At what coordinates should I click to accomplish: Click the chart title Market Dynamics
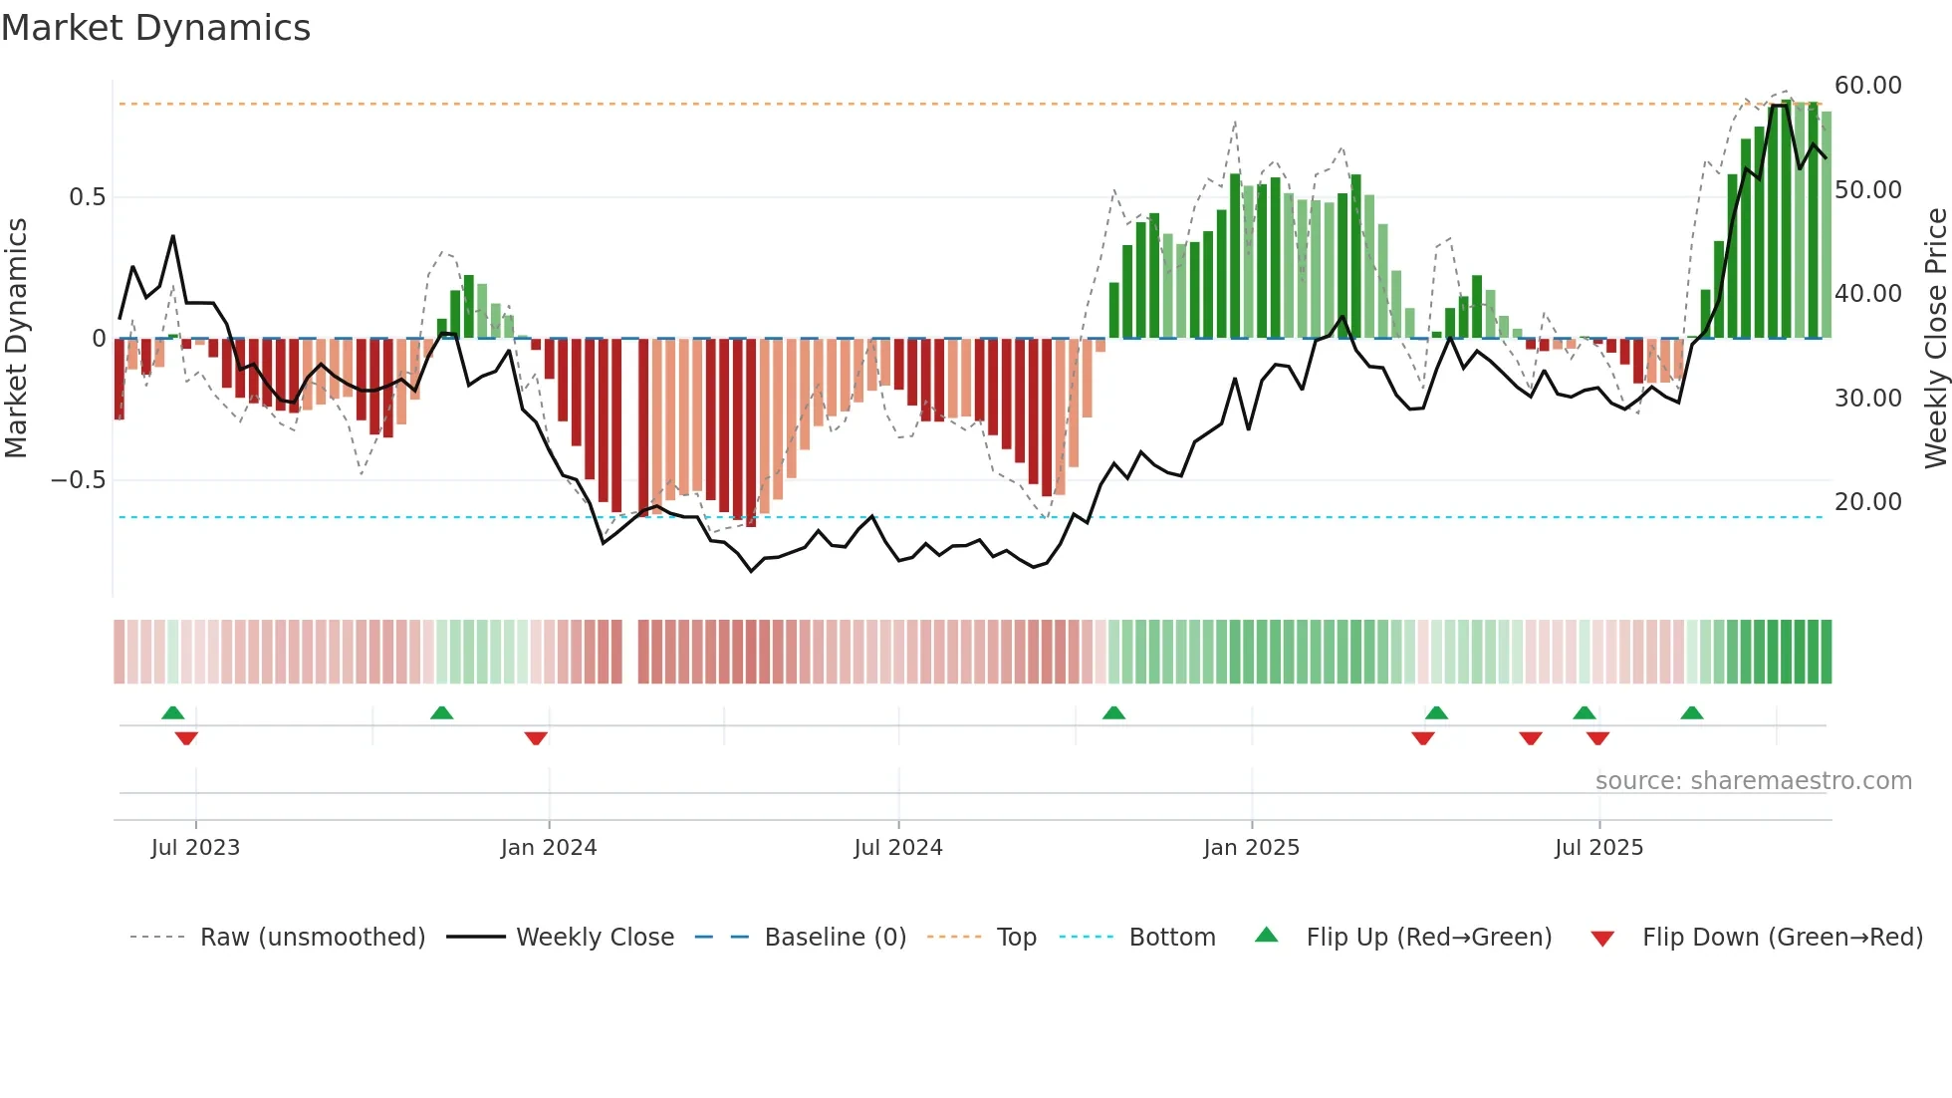click(x=156, y=28)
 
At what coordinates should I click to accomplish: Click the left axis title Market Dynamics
click(x=17, y=338)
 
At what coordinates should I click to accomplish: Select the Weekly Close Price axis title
click(x=1935, y=338)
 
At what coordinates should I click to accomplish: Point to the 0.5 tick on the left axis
click(x=87, y=197)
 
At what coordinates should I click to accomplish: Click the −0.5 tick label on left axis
click(x=79, y=480)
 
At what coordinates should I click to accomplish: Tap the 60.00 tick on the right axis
click(x=1867, y=86)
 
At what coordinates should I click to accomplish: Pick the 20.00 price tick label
click(x=1867, y=502)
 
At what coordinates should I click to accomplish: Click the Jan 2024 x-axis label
click(x=549, y=848)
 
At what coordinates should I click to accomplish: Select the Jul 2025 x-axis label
click(x=1598, y=848)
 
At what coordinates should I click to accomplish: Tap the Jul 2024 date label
click(x=897, y=848)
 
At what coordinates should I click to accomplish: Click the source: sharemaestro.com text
click(x=1753, y=781)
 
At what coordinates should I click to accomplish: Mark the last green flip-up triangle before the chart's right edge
click(x=1691, y=712)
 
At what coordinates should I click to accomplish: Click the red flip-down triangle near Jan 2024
click(x=536, y=738)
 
